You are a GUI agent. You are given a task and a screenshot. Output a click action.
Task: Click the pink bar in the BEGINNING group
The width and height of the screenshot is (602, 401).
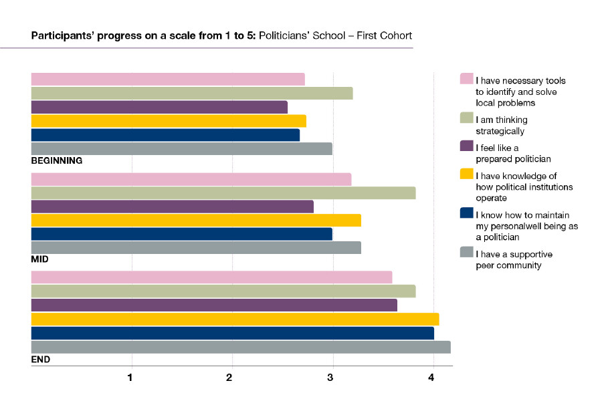click(167, 79)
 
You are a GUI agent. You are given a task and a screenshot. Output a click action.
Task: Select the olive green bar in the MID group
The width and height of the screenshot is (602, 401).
click(223, 193)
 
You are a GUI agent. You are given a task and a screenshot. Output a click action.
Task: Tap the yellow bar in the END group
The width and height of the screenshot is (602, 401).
click(235, 319)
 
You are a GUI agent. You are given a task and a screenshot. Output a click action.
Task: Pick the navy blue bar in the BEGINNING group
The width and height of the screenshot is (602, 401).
click(165, 135)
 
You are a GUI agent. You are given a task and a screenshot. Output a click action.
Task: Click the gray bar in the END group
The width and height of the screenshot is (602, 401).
click(241, 347)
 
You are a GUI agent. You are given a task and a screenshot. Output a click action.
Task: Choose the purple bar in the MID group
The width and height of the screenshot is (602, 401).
click(172, 207)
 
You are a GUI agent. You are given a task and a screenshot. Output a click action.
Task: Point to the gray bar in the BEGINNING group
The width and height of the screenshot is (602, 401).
click(181, 148)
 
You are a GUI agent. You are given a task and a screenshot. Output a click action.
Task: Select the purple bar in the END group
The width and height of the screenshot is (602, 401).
click(214, 305)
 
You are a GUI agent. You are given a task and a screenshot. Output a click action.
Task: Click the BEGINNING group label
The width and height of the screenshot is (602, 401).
click(57, 160)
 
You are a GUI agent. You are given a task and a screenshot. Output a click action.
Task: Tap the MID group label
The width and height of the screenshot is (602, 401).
click(40, 259)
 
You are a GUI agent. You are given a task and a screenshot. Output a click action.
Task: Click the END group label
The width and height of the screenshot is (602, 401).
click(41, 359)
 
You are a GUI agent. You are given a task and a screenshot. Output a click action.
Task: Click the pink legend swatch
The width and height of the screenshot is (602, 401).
click(467, 79)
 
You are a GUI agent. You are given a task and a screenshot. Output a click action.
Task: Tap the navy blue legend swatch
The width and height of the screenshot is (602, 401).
click(467, 213)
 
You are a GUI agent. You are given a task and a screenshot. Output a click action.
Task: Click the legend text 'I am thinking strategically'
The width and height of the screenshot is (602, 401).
click(502, 125)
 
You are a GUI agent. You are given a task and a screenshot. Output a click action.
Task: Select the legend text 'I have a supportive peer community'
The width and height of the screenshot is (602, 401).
click(514, 260)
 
